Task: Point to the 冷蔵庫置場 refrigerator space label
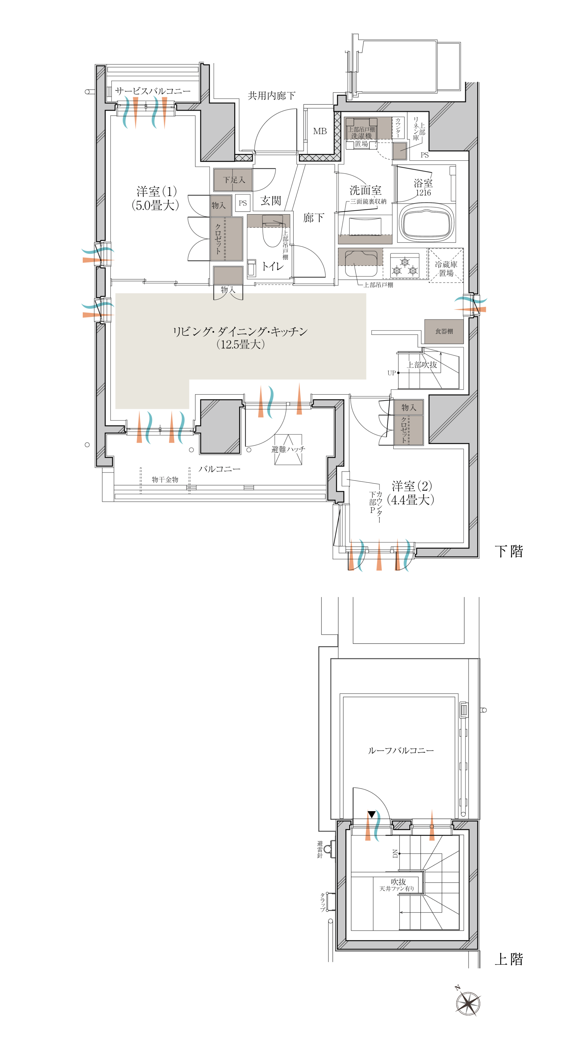(446, 269)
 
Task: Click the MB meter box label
(320, 131)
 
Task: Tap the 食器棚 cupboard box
(444, 331)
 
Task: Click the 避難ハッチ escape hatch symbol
(288, 449)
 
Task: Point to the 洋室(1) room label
(156, 198)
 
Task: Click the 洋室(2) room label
(411, 493)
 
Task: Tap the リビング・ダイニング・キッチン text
(240, 331)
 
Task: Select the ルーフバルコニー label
(401, 750)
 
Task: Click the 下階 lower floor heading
(509, 551)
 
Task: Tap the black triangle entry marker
(372, 814)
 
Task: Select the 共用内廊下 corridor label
(271, 95)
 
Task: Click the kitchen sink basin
(361, 264)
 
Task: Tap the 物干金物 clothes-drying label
(165, 479)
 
